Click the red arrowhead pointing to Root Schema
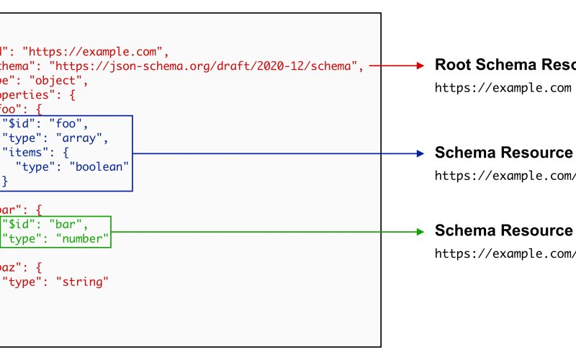(421, 66)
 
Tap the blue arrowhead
(421, 153)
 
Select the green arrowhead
(421, 231)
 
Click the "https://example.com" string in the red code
(95, 51)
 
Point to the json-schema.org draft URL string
(204, 66)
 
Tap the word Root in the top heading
(452, 65)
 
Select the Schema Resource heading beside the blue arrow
(503, 153)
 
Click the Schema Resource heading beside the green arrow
(503, 230)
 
